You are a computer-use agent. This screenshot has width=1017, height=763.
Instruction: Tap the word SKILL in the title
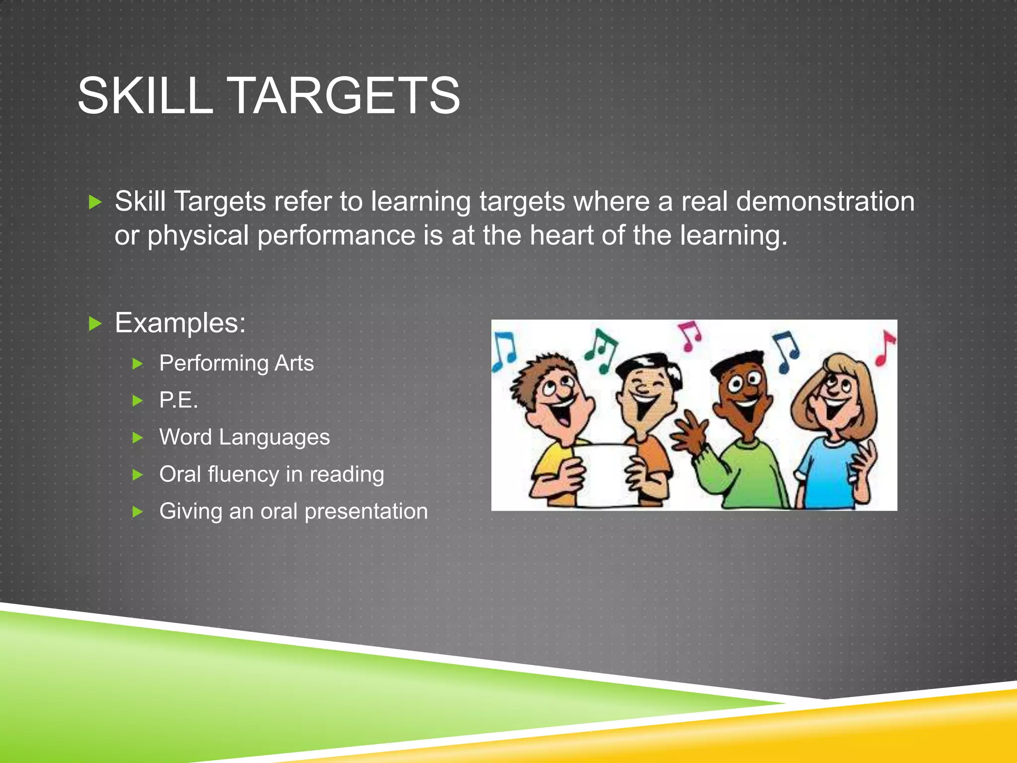click(x=145, y=95)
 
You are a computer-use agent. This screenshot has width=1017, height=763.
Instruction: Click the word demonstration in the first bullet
click(x=825, y=202)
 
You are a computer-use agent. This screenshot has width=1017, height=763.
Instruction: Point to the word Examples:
click(x=180, y=323)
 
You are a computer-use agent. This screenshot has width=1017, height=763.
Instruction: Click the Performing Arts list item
click(x=236, y=363)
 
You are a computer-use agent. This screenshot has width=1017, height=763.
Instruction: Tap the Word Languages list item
click(x=244, y=437)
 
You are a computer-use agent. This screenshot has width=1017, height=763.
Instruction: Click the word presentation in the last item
click(x=366, y=511)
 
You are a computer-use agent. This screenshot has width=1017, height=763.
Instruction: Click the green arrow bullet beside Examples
click(x=95, y=324)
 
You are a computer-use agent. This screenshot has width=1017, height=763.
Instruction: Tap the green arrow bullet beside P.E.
click(x=138, y=400)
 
